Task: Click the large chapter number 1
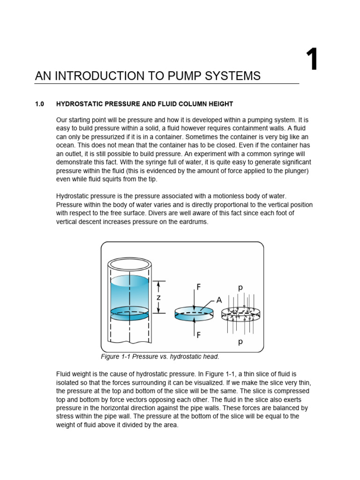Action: tap(312, 60)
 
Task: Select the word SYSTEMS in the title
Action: tap(232, 76)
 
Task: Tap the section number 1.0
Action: tap(39, 104)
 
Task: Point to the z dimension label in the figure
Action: tap(158, 297)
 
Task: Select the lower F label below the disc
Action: tap(198, 335)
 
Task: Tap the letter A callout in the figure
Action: tap(218, 300)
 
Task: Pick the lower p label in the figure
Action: tap(240, 342)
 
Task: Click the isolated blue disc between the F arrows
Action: tap(194, 313)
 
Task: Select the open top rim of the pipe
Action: tap(129, 265)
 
